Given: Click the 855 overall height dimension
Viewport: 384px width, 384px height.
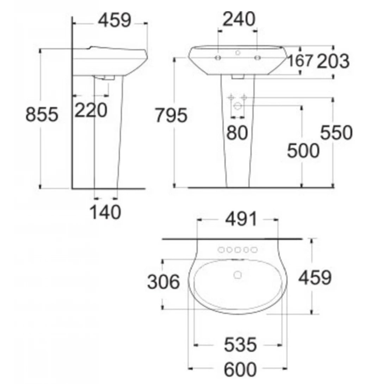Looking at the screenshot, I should (x=42, y=115).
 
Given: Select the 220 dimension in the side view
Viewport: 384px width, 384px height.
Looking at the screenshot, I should (x=91, y=111).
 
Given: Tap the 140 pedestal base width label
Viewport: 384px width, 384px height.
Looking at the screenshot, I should (x=105, y=212).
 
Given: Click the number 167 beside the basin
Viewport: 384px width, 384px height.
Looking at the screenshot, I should (x=300, y=61).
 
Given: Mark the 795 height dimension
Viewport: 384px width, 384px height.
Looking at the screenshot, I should (x=171, y=115).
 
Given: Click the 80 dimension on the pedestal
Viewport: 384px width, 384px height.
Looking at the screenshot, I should (x=237, y=133).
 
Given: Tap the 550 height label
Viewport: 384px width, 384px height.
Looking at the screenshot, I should (x=336, y=133).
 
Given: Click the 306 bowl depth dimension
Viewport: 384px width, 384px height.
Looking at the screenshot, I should (x=163, y=282).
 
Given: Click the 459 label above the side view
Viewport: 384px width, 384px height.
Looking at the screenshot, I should (x=114, y=21).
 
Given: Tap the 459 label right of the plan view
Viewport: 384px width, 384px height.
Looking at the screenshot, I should (x=315, y=278).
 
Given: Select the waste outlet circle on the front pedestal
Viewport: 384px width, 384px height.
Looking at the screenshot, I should (x=238, y=105).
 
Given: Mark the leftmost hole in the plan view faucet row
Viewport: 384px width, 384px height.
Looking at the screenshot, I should (x=222, y=250).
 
